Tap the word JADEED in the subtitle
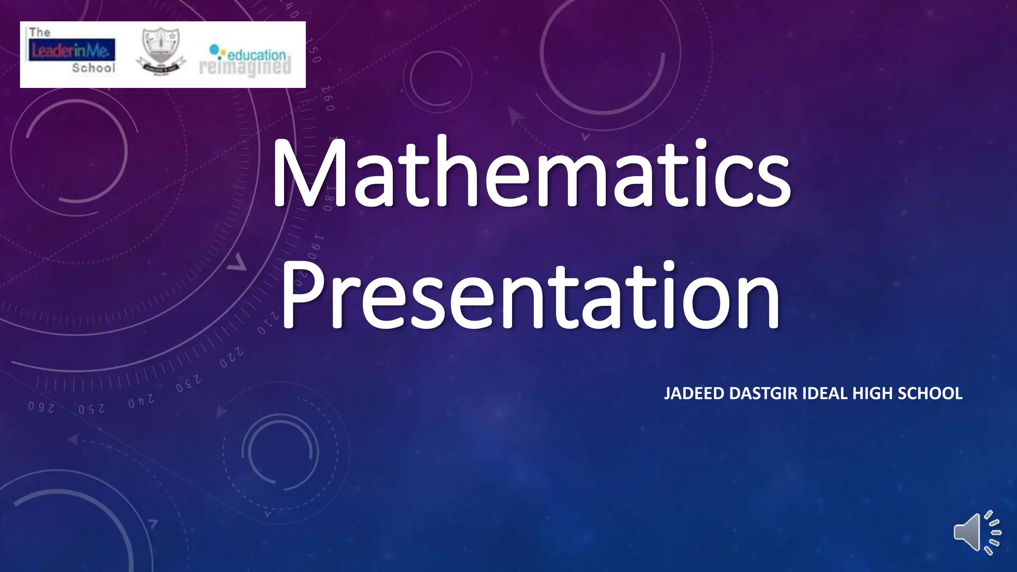click(x=694, y=393)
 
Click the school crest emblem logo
click(x=160, y=52)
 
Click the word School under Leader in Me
click(x=93, y=68)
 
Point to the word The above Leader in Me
click(x=40, y=32)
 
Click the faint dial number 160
click(x=328, y=98)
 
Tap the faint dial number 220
click(x=232, y=357)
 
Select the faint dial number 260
click(x=41, y=407)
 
